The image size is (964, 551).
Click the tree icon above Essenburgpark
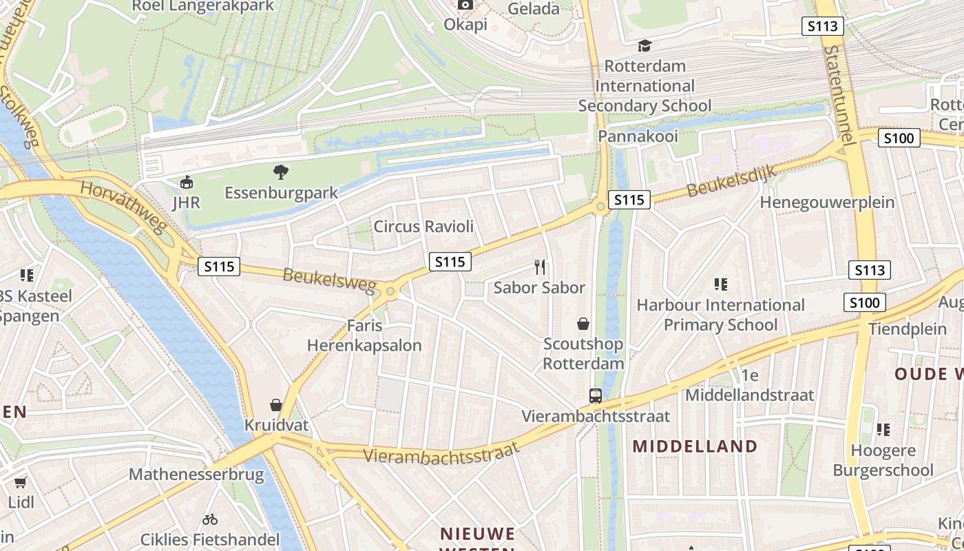pos(280,172)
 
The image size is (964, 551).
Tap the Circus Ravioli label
pos(423,226)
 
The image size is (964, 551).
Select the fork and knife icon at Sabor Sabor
pos(540,267)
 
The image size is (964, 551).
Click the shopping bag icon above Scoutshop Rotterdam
pos(583,324)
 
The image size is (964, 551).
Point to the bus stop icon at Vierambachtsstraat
pos(596,396)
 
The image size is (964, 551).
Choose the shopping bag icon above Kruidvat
pos(276,404)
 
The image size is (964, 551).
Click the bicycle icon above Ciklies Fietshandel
pos(210,519)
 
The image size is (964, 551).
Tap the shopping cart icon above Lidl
pos(21,482)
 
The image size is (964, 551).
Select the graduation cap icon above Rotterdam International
pos(645,45)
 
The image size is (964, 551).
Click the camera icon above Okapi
pos(465,5)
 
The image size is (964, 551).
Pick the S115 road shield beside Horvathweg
pos(219,267)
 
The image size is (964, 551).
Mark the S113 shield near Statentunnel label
pos(823,26)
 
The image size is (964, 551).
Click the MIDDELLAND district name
pos(695,446)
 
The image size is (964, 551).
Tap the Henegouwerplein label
pos(827,202)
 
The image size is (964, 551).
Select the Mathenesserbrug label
pos(196,474)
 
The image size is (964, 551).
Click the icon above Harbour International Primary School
pos(721,284)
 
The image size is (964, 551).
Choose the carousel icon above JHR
pos(186,183)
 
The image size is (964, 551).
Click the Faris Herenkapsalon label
pos(364,335)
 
